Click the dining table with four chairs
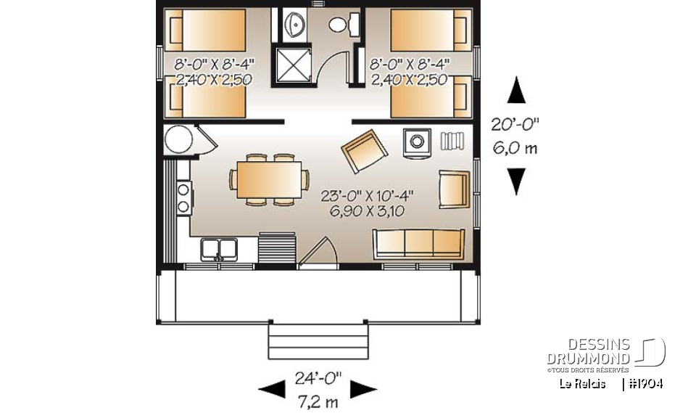[x=266, y=178]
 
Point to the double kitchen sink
[x=220, y=249]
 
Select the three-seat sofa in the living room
[x=418, y=243]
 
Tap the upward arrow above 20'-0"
[x=515, y=91]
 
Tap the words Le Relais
[x=582, y=383]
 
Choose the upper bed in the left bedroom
[x=205, y=29]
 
